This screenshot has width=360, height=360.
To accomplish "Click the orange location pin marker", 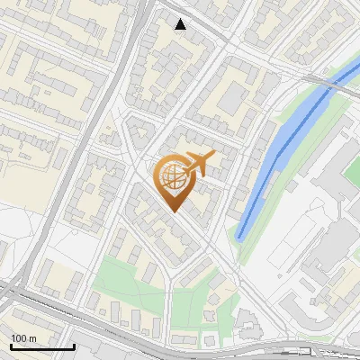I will tap(173, 180).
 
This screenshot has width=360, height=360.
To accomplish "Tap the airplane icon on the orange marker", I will tap(199, 164).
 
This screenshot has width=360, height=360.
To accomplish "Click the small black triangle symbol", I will tap(181, 24).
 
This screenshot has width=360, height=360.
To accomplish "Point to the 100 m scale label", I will tap(24, 338).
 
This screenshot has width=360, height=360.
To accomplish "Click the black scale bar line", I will tap(42, 346).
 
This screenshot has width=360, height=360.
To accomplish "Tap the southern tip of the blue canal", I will tap(241, 236).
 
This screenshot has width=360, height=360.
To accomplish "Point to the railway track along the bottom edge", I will tap(270, 351).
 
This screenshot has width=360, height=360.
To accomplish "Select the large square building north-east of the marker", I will tap(232, 97).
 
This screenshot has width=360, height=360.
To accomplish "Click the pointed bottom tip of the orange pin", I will tap(173, 211).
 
